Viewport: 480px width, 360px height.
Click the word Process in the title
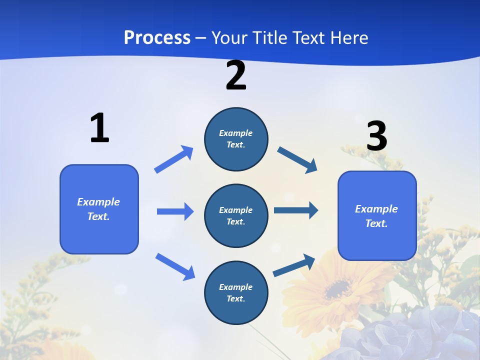[x=157, y=37]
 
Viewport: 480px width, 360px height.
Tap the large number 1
[x=99, y=128]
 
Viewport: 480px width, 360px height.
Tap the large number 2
[x=236, y=76]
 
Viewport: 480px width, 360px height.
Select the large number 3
[x=376, y=136]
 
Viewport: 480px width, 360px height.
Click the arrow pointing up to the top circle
[x=174, y=159]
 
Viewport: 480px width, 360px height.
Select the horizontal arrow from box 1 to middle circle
[x=175, y=211]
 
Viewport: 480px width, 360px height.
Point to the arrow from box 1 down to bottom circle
[x=175, y=266]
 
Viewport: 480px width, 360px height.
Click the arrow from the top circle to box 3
[x=297, y=159]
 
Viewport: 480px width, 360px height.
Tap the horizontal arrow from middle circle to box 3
[x=296, y=210]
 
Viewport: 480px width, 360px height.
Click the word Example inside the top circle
[x=235, y=133]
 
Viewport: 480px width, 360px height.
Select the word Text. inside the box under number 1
[x=98, y=216]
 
